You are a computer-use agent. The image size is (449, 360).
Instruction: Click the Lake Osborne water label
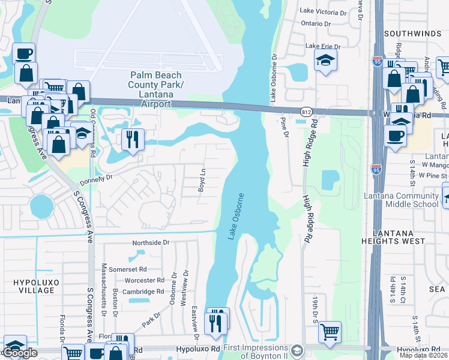237,217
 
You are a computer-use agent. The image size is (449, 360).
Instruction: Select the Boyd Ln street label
202,180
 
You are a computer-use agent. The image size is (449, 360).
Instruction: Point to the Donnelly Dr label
97,179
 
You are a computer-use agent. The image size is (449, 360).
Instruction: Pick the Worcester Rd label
144,280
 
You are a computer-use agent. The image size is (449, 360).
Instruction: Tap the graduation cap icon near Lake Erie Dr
325,60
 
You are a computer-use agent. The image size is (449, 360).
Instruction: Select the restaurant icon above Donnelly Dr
131,139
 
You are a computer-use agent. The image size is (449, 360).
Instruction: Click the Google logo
20,353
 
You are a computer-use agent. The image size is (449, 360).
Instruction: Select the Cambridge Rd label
144,292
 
